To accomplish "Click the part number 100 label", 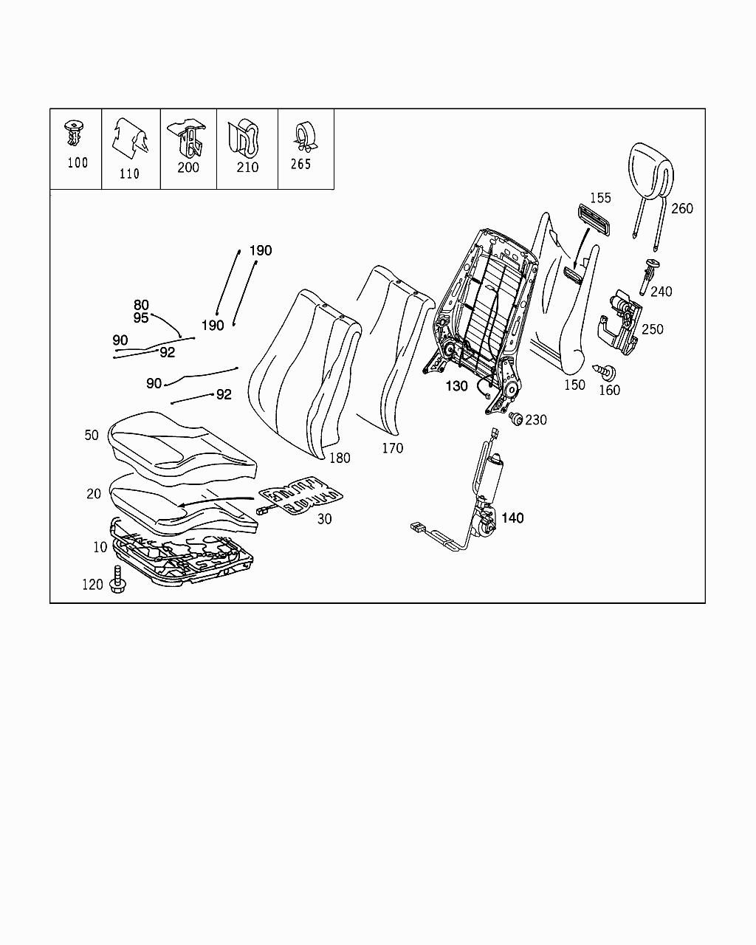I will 77,162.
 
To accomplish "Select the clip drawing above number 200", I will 188,139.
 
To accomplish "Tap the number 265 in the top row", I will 300,164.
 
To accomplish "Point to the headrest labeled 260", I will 650,173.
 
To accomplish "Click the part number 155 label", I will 600,198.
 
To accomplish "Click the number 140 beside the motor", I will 512,518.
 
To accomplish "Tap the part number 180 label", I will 340,458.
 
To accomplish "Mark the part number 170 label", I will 392,447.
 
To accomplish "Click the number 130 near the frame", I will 456,385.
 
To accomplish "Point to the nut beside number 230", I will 517,419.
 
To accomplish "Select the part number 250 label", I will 653,329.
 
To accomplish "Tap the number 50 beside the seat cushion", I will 91,435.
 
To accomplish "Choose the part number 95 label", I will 141,317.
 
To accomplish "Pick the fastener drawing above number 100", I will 73,133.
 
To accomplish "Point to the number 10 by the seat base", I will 100,547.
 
